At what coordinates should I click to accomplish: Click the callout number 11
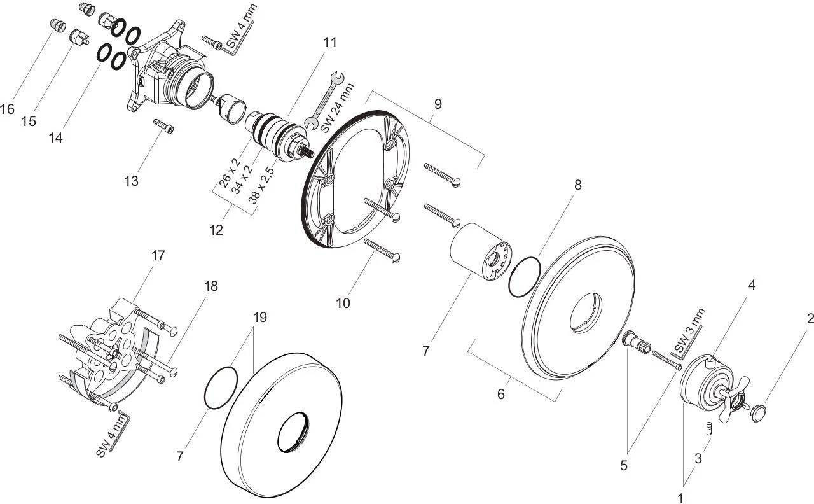pos(330,43)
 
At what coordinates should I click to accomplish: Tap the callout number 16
pos(7,109)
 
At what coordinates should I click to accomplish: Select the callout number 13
pos(132,181)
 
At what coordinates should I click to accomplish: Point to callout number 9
pos(438,104)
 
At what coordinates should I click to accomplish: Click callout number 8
pos(578,185)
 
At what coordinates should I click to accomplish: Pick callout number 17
pos(158,255)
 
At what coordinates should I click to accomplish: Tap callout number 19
pos(260,317)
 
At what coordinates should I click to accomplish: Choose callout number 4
pos(752,284)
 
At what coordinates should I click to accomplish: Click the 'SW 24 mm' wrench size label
pos(337,108)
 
